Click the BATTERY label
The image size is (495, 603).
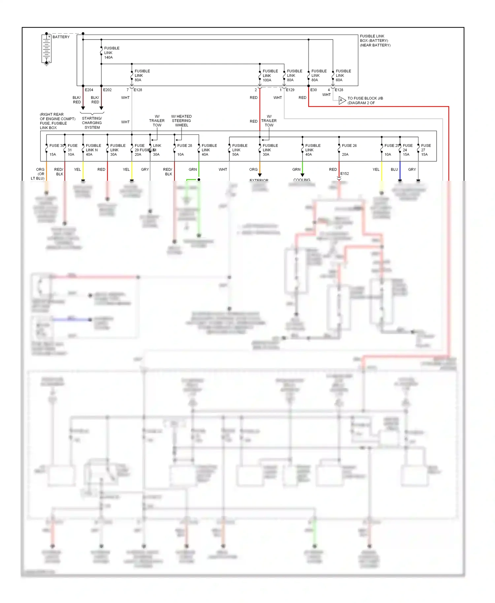tap(61, 37)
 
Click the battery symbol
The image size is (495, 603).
tap(46, 48)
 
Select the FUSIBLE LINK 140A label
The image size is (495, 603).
tap(112, 53)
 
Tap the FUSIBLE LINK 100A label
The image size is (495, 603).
tap(270, 76)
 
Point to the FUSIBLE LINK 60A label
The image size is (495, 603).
tap(343, 76)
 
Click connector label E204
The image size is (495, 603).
tap(89, 90)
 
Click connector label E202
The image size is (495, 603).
tap(107, 90)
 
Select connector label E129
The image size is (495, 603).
tap(290, 90)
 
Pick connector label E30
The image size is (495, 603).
tap(313, 90)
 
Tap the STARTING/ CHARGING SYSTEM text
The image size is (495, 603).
tap(92, 123)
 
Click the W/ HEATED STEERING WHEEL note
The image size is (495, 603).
tap(181, 121)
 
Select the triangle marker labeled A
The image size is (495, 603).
tap(342, 100)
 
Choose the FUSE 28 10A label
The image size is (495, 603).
tap(184, 150)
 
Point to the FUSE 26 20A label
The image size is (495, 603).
tap(349, 150)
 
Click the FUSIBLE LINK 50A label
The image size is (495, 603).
tap(240, 150)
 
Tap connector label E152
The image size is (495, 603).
tap(345, 174)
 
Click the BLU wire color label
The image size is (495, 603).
tap(394, 170)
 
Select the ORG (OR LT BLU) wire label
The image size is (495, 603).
tap(38, 174)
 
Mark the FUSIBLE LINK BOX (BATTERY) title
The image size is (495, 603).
tap(375, 41)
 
